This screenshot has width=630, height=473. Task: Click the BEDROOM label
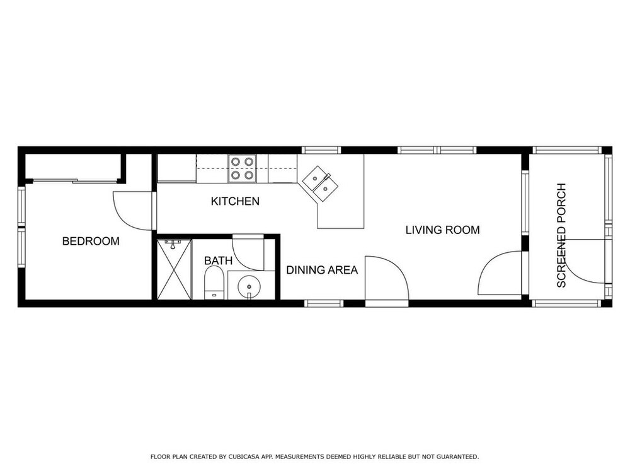click(x=91, y=242)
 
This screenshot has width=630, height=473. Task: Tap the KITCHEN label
click(x=235, y=201)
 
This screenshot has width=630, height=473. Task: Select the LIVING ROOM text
click(x=442, y=230)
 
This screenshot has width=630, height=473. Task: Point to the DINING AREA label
click(x=322, y=270)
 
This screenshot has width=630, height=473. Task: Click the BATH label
click(x=218, y=260)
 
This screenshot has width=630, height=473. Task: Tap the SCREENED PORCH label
click(x=561, y=235)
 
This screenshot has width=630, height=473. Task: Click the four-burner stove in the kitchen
click(x=243, y=168)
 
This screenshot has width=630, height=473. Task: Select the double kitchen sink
click(x=320, y=183)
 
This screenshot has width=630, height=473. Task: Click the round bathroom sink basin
click(x=249, y=287)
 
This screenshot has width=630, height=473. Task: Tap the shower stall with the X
click(x=174, y=269)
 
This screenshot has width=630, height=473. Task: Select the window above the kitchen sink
click(x=321, y=151)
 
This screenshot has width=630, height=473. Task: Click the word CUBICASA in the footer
click(x=243, y=457)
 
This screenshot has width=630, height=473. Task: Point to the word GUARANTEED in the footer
click(x=457, y=457)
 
